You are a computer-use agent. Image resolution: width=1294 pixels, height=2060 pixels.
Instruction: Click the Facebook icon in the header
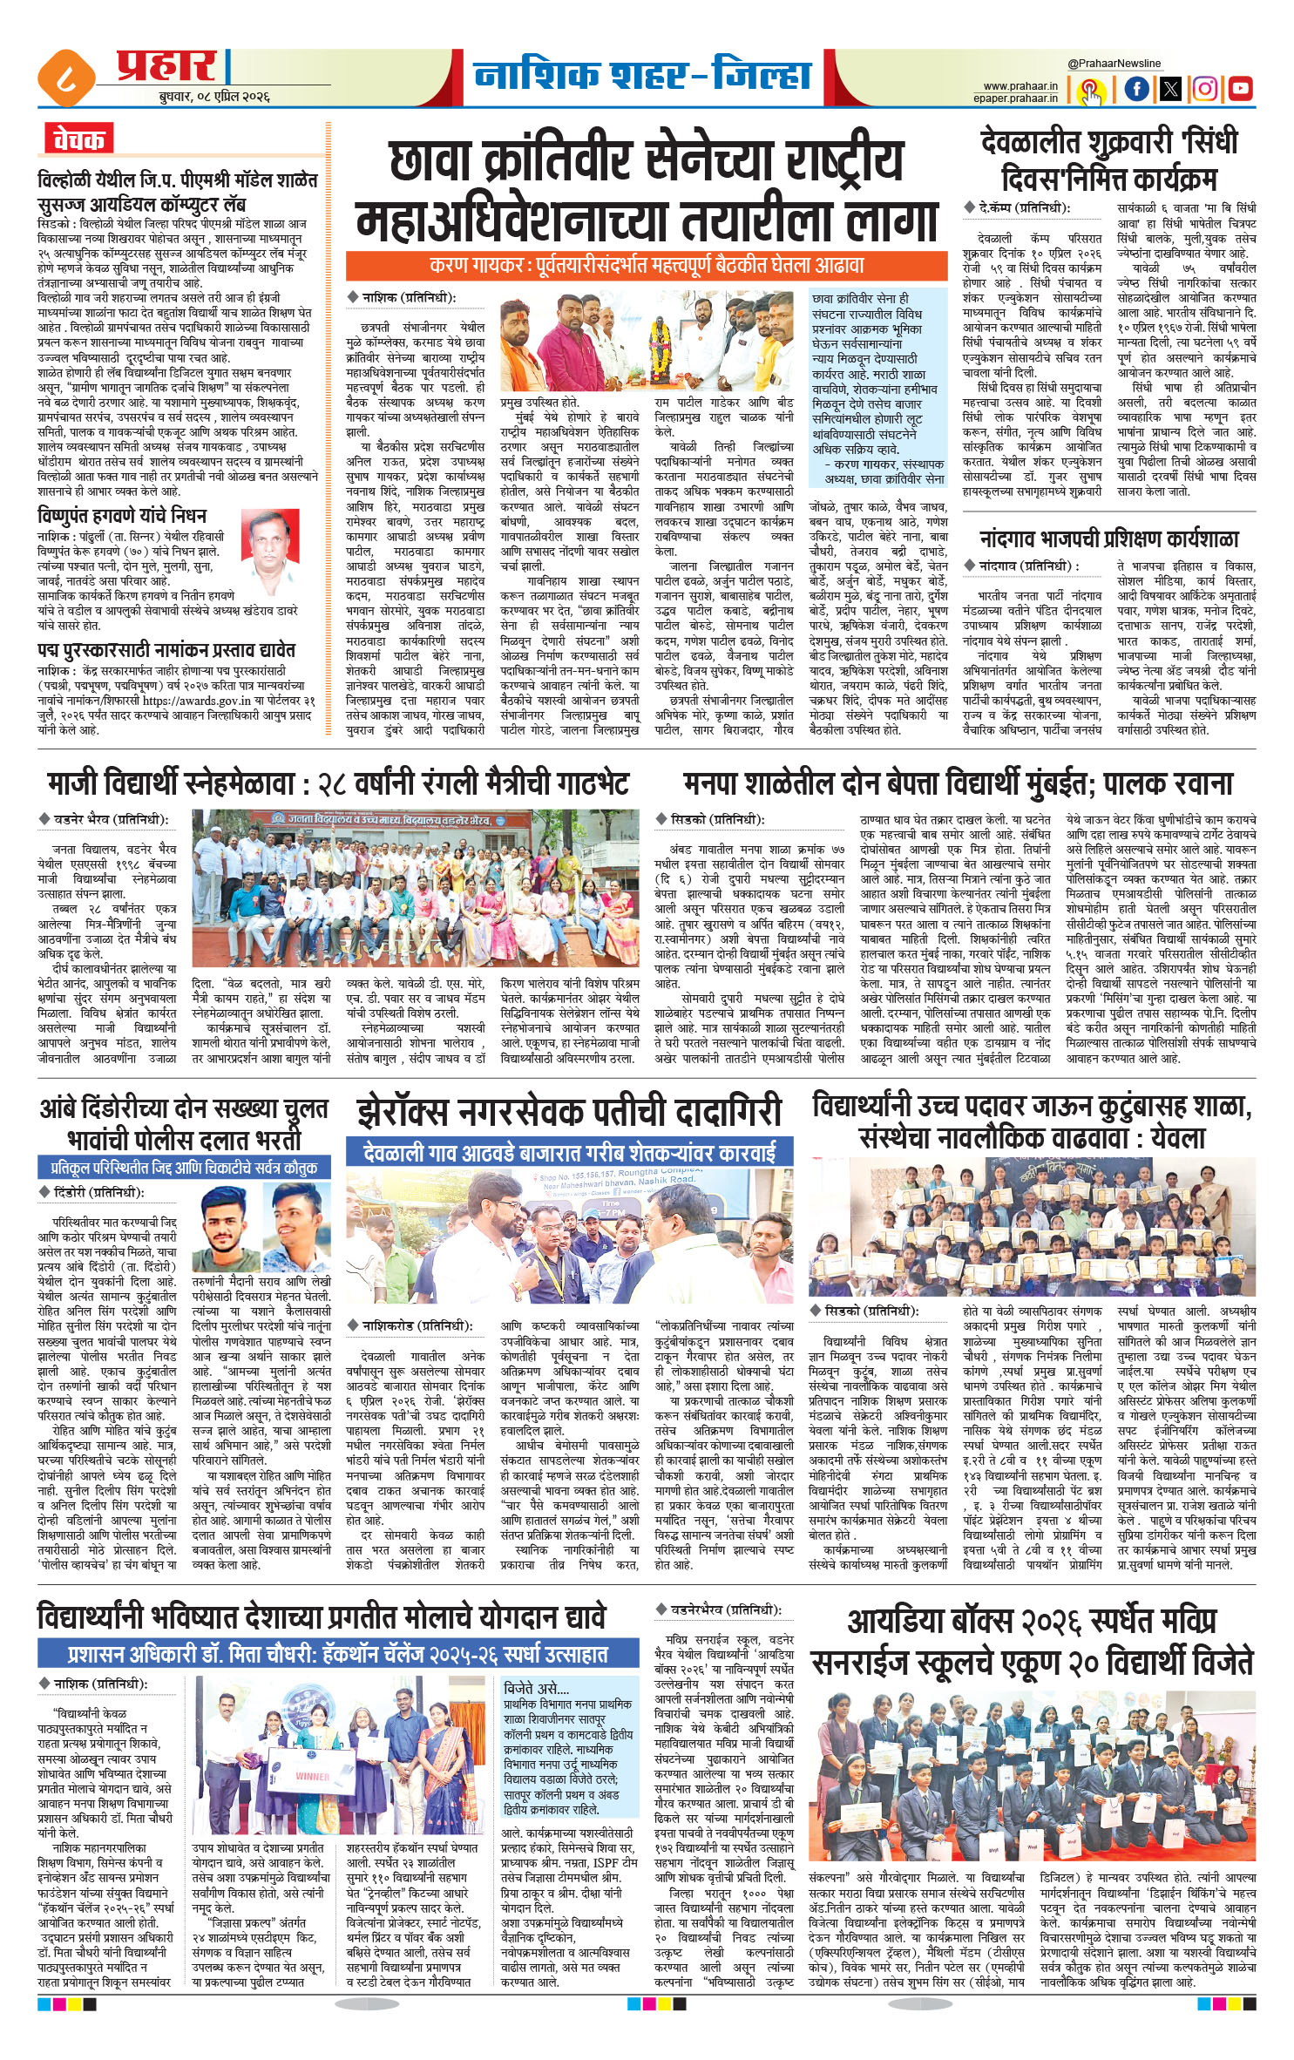(1136, 88)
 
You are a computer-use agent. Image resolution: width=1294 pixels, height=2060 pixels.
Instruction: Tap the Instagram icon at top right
(1205, 88)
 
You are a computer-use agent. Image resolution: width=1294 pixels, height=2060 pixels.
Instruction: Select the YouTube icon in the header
(1240, 88)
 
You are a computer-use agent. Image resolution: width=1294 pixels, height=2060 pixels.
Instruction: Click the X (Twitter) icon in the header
(1171, 88)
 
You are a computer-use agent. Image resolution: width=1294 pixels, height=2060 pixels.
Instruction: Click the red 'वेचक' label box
(78, 139)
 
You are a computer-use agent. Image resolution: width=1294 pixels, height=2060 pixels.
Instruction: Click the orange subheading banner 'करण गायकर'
(646, 266)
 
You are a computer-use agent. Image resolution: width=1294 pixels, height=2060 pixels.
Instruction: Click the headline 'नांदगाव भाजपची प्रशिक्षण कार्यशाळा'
(1108, 539)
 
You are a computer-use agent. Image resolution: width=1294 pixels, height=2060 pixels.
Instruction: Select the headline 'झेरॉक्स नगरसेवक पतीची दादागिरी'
(569, 1113)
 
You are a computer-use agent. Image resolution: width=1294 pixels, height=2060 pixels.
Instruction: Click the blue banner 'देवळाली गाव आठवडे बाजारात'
(570, 1153)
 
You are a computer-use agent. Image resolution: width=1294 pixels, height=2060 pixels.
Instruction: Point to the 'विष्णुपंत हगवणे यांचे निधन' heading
(122, 514)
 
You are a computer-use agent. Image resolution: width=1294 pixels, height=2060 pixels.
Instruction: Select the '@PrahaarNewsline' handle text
(1114, 64)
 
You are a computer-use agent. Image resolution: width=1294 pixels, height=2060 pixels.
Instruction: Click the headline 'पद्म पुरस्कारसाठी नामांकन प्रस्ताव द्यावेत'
(166, 650)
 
